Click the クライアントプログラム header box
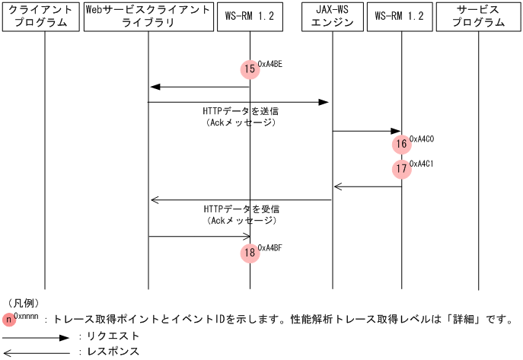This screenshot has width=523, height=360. [x=40, y=17]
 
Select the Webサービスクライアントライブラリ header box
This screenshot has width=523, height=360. [x=148, y=17]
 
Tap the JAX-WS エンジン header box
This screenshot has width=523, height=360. [x=332, y=17]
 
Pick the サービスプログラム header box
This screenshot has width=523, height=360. [x=478, y=17]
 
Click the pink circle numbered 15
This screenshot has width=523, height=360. [x=250, y=69]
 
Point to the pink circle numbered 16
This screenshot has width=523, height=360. [x=402, y=145]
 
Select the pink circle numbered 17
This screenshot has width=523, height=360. [x=402, y=169]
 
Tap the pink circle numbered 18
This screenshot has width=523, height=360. [x=250, y=253]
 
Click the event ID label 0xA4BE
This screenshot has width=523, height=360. [x=269, y=64]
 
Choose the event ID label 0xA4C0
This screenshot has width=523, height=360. [x=422, y=139]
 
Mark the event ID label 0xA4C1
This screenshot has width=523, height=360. [x=421, y=164]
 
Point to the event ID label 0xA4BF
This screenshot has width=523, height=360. [x=269, y=247]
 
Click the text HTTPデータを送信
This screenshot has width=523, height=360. [x=241, y=111]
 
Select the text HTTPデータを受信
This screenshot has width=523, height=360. [x=241, y=209]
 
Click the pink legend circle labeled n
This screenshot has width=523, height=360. [x=9, y=320]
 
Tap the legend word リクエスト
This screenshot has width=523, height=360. [x=113, y=336]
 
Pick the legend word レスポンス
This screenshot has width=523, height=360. [x=113, y=352]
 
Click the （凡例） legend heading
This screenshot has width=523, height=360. [x=24, y=303]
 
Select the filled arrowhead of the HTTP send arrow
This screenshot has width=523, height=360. [x=324, y=102]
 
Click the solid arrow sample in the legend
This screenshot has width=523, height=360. [x=36, y=338]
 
